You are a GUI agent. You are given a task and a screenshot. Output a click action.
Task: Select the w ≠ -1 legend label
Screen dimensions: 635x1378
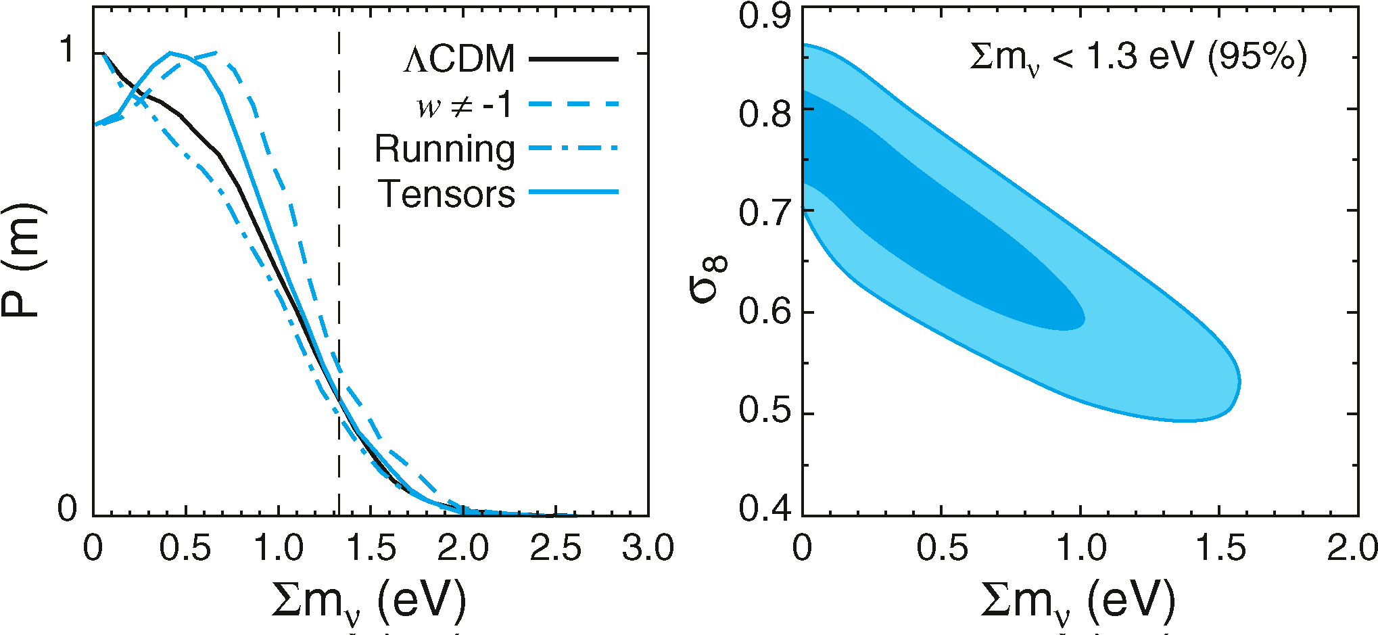pos(465,105)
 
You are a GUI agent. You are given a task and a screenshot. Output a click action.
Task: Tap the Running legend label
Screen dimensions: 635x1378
pos(445,149)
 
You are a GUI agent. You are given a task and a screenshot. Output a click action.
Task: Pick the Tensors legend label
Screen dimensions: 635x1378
pos(447,194)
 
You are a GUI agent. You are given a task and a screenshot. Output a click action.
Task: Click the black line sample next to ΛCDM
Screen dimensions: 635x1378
pos(573,60)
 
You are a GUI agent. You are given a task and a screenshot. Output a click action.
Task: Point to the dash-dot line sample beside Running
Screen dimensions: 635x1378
pos(573,147)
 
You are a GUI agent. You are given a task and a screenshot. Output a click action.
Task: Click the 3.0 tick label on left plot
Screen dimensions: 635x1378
pos(648,548)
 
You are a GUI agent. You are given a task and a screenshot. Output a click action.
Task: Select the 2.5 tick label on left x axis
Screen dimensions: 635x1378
pos(555,548)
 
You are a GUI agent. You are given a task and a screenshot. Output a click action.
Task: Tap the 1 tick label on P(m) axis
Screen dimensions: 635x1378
pos(68,50)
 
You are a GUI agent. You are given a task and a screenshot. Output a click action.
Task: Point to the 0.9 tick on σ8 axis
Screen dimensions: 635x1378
pos(765,15)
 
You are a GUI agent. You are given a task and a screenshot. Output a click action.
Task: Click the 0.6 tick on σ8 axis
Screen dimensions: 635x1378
pos(765,312)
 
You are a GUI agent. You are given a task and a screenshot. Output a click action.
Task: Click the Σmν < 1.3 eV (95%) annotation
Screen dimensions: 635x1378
pos(1139,57)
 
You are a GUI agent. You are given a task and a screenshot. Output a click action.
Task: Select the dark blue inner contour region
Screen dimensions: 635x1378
pos(933,230)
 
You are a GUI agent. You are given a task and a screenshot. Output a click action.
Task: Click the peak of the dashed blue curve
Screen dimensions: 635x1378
pos(215,52)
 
